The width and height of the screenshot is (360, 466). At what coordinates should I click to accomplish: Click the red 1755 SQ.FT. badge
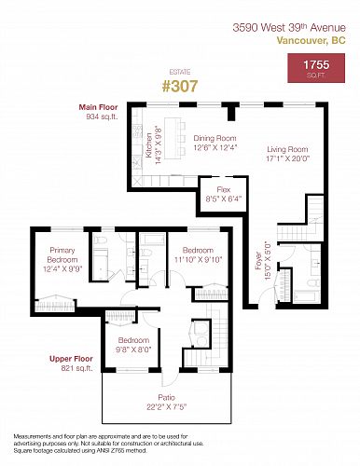coord(316,68)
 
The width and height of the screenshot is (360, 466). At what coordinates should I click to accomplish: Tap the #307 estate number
coord(180,86)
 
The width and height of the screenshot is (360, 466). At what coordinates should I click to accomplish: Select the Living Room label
coord(287,149)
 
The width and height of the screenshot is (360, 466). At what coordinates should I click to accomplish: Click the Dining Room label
coord(215,138)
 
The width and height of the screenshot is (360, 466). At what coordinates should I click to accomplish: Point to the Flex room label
coord(224,189)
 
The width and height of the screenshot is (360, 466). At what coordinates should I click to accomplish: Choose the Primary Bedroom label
coord(62,254)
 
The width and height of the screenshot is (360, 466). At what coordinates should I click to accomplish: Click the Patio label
coord(166,397)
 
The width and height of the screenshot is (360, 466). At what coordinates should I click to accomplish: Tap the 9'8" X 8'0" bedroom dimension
coord(133,349)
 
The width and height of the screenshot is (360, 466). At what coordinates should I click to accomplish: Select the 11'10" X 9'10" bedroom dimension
coord(198,260)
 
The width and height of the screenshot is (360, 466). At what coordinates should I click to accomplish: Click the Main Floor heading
coord(98,107)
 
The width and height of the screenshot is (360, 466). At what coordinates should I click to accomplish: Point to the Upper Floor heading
coord(71,359)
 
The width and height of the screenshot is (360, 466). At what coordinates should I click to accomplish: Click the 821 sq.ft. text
coord(76,368)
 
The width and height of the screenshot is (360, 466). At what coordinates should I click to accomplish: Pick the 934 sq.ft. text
coord(102,116)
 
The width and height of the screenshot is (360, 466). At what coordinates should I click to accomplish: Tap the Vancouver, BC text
coord(311,41)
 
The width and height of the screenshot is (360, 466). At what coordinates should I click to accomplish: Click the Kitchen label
coord(149,144)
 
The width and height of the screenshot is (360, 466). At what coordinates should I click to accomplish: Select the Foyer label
coord(258,260)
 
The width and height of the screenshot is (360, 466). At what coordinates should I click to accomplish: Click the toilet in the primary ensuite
coord(100,240)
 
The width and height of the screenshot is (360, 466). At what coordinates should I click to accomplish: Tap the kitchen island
coord(173,138)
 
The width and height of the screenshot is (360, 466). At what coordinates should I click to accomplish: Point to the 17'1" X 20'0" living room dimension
coord(288,158)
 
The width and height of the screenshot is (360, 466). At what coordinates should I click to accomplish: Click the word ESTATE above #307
coord(180,72)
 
